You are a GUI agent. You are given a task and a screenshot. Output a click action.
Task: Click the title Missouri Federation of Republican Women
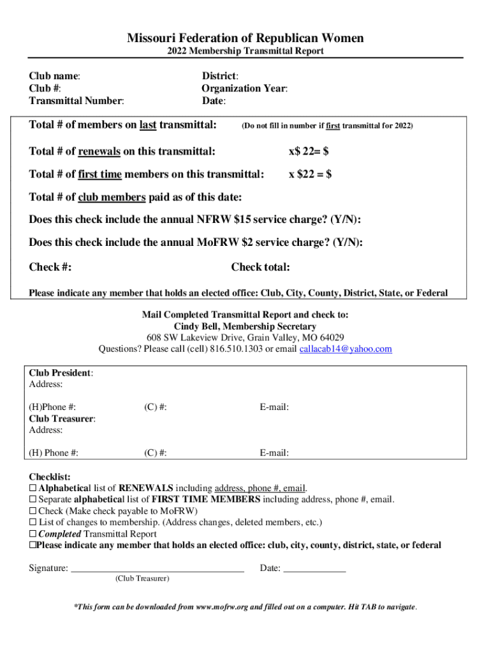(246, 38)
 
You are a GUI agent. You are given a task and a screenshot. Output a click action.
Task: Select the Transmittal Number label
(76, 100)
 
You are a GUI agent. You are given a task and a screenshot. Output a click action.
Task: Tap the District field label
(220, 76)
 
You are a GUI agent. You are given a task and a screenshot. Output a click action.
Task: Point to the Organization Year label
(244, 88)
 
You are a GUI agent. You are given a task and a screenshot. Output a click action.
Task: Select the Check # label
(50, 267)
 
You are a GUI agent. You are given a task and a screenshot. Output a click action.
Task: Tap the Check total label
(260, 267)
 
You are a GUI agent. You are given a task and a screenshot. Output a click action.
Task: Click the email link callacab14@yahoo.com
(346, 349)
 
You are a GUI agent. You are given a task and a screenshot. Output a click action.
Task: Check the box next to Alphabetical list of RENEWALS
(33, 489)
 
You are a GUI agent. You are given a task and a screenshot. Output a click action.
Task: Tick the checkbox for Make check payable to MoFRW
(33, 512)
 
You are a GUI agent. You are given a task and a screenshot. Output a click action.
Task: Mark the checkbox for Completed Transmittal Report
(33, 535)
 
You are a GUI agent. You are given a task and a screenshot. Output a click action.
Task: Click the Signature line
(157, 568)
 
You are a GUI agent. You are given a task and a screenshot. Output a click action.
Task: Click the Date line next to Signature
(314, 568)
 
